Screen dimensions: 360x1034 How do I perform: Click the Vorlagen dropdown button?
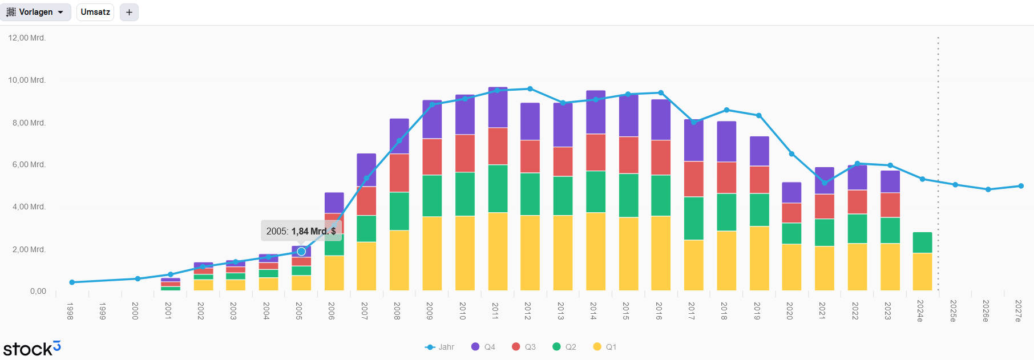[35, 12]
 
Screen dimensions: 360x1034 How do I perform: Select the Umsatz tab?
[95, 12]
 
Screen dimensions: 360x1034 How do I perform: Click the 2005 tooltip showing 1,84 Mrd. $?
[301, 231]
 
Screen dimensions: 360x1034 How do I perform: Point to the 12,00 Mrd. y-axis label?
[27, 38]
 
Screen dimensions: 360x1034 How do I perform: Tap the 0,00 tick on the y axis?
[38, 291]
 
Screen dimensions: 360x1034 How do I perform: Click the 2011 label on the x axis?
[495, 311]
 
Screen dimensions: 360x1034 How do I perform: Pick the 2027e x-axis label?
[1019, 311]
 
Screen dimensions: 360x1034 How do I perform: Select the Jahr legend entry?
[440, 347]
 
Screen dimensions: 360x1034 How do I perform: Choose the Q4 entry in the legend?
[483, 347]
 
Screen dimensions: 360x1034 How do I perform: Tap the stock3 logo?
[32, 348]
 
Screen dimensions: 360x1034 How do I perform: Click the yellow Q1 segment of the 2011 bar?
[498, 251]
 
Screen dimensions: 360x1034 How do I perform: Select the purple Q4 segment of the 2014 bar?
[596, 112]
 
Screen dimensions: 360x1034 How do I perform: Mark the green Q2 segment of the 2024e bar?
[922, 242]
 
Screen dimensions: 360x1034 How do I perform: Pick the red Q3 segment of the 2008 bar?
[399, 173]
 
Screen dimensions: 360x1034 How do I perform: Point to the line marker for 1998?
[72, 282]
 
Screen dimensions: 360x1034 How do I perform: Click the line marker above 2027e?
[1021, 186]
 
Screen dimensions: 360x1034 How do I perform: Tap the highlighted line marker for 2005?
[301, 252]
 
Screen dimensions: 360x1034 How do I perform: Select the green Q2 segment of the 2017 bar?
[694, 218]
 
